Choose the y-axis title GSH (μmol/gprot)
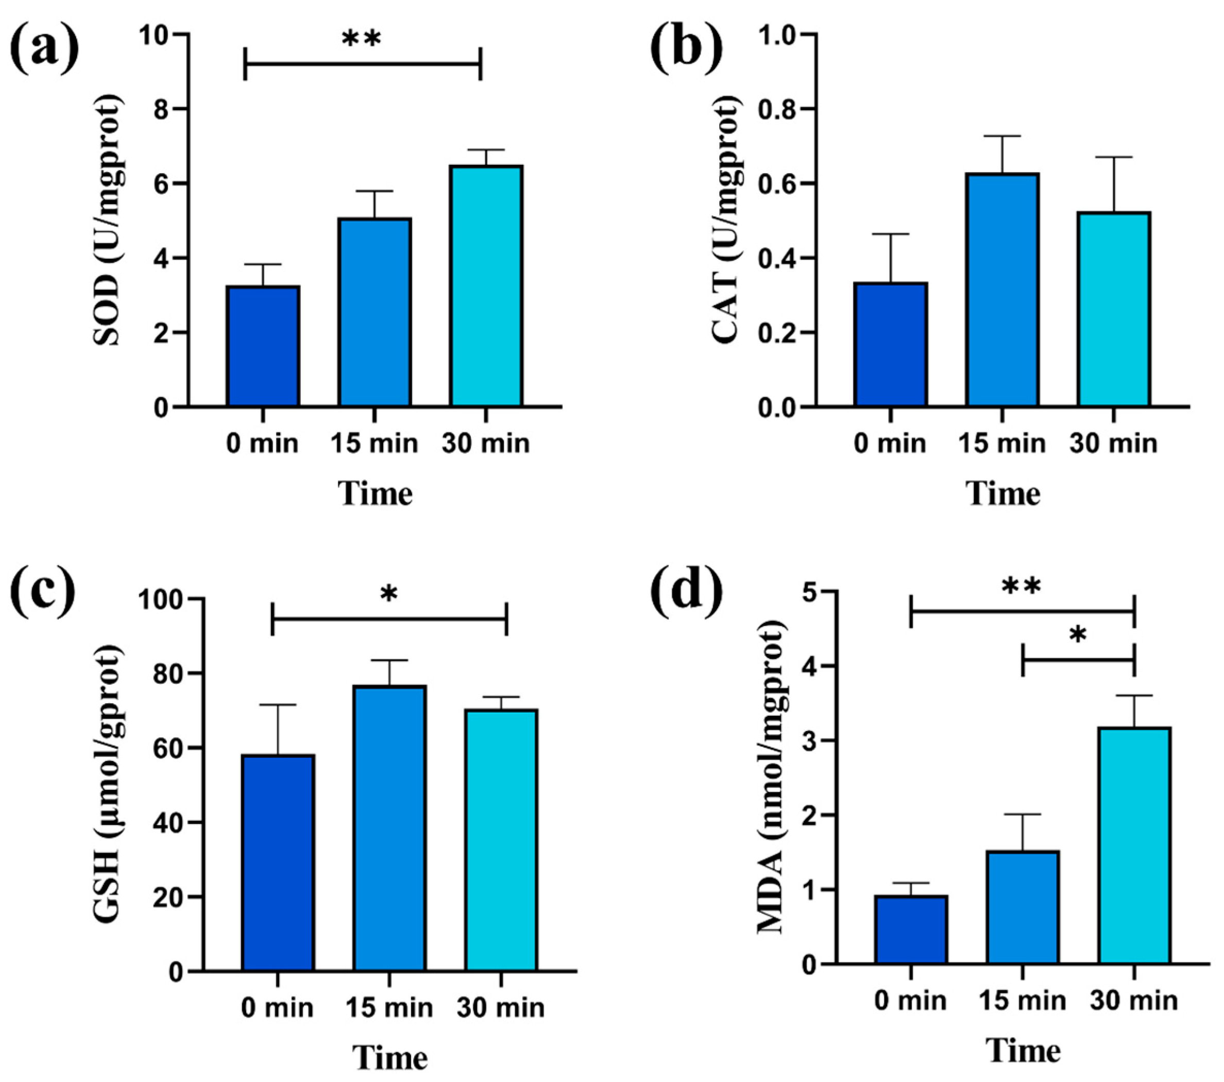coord(108,784)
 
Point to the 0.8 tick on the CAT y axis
coord(778,110)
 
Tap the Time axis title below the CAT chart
coord(1002,494)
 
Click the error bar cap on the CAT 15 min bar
coord(1002,136)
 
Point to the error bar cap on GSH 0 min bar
coord(278,705)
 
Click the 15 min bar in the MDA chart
coord(1023,908)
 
